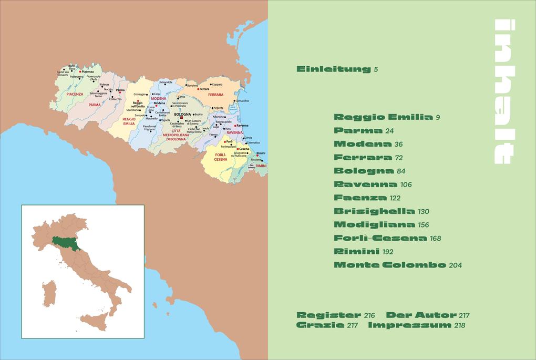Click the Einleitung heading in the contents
pyautogui.click(x=334, y=69)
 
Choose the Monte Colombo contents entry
pyautogui.click(x=389, y=265)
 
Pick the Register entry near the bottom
pyautogui.click(x=329, y=315)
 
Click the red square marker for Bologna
pyautogui.click(x=181, y=118)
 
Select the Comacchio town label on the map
pyautogui.click(x=243, y=100)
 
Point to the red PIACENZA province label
pyautogui.click(x=75, y=94)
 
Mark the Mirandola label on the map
pyautogui.click(x=166, y=83)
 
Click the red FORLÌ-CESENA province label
pyautogui.click(x=221, y=157)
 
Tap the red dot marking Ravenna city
pyautogui.click(x=235, y=126)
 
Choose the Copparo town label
pyautogui.click(x=218, y=84)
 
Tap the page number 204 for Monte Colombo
pyautogui.click(x=455, y=265)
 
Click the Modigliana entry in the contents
pyautogui.click(x=374, y=225)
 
